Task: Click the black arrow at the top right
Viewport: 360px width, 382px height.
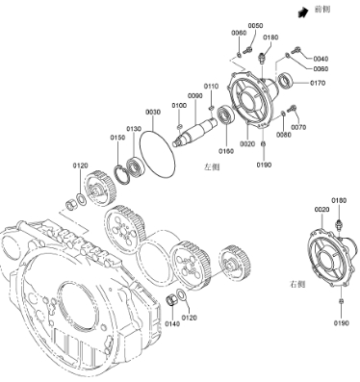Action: pos(302,13)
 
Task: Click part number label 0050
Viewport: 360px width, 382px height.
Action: pos(255,26)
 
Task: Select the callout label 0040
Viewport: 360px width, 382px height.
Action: pos(321,59)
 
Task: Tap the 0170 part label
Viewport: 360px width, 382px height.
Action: pos(318,83)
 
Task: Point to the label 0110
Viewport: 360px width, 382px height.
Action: pos(211,87)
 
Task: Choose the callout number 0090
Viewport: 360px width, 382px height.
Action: pos(195,96)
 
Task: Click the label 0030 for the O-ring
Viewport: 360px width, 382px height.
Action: pos(153,112)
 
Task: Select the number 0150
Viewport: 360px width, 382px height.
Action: pos(117,138)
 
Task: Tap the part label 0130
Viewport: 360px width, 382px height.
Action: pos(134,129)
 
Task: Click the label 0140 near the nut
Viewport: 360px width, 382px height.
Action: pos(172,324)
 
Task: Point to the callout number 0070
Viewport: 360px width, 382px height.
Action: pos(298,127)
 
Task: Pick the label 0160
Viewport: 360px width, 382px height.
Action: pos(226,151)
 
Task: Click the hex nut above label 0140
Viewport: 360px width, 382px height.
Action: pos(171,299)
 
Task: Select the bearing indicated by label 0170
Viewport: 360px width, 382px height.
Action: pos(285,80)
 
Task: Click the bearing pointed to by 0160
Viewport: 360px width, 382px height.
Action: pos(227,115)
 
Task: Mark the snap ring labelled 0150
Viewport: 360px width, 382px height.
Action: pos(122,174)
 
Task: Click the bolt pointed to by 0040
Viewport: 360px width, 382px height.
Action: pos(296,50)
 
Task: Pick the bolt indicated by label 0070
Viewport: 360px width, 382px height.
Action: pos(293,108)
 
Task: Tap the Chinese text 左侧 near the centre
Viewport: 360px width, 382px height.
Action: pos(212,167)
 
